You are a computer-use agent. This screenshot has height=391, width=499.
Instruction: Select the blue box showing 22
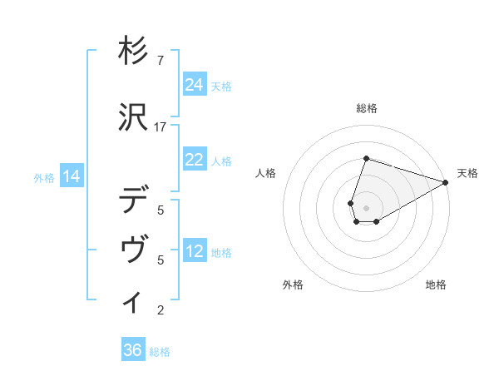(195, 160)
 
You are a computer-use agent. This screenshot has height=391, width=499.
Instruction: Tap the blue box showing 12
(195, 251)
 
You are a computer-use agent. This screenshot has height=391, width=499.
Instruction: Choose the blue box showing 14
(72, 176)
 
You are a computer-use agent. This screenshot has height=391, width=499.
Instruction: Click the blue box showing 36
(133, 350)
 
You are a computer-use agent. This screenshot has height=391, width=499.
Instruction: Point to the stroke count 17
(161, 126)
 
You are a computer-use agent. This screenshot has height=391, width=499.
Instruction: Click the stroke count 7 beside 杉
(161, 60)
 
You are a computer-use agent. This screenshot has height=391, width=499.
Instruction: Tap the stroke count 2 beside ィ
(161, 310)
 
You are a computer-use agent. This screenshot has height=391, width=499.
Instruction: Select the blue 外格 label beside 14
(44, 177)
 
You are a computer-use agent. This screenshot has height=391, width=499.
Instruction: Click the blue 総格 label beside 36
(160, 352)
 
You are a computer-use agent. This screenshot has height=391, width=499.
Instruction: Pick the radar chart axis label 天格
(467, 173)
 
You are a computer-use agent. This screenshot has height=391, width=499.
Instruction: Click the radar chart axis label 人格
(266, 173)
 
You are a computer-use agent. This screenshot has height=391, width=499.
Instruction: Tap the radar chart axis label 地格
(436, 285)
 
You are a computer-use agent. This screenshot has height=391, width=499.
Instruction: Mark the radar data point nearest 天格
(446, 181)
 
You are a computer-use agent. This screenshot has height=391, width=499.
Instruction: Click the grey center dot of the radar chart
(366, 206)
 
